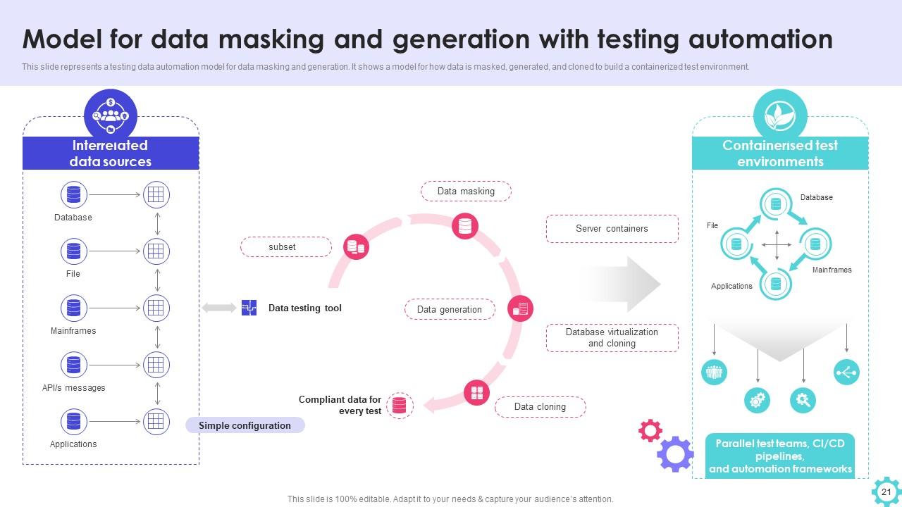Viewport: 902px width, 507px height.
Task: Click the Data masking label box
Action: click(x=466, y=192)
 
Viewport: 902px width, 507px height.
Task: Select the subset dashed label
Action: click(x=285, y=247)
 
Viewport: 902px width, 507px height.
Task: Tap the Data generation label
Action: click(x=450, y=309)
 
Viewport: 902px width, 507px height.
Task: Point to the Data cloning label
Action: click(x=540, y=407)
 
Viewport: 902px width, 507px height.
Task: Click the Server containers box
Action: click(x=612, y=229)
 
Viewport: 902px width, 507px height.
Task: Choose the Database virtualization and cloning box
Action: click(x=612, y=338)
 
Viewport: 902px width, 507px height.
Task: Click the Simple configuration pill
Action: click(x=245, y=425)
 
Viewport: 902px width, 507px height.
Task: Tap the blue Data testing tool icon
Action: click(x=249, y=308)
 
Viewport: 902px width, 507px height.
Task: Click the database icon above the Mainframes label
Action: click(x=73, y=308)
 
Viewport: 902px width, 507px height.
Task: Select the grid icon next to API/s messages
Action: click(x=156, y=365)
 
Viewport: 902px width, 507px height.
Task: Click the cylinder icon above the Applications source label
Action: click(x=73, y=422)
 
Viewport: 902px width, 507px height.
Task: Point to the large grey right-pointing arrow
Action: click(x=624, y=284)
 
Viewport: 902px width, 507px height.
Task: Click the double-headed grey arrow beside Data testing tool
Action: click(x=219, y=308)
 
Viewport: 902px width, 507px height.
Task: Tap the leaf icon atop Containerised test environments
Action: click(x=779, y=115)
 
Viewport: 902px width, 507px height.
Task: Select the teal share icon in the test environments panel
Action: click(x=846, y=372)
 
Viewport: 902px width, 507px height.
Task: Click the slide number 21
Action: click(x=886, y=492)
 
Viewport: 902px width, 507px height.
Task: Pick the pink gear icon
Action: click(x=650, y=430)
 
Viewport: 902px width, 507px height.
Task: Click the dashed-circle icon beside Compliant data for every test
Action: click(x=400, y=406)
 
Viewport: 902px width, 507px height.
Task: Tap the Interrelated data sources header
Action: click(x=111, y=154)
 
